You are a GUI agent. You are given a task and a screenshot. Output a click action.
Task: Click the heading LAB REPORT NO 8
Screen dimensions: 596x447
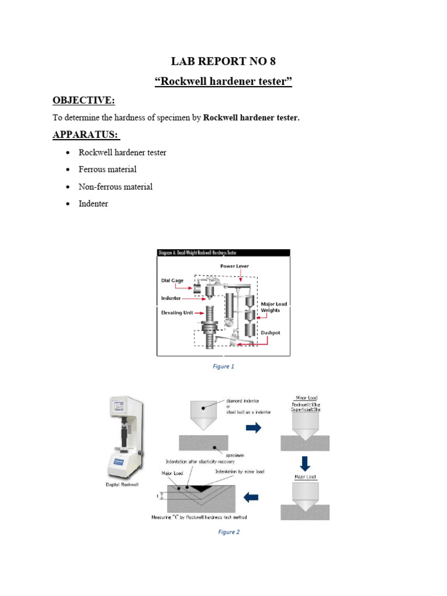tap(223, 61)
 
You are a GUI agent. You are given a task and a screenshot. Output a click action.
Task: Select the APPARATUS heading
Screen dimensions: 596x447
tap(86, 135)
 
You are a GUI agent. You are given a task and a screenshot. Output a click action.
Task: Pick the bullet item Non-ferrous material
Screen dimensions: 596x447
tap(115, 187)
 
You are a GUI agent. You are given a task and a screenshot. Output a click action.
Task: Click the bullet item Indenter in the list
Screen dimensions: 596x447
tap(93, 204)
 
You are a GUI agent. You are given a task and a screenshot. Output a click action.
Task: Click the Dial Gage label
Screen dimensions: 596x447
tap(173, 280)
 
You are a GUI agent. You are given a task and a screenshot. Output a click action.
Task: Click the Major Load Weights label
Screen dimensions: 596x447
tap(274, 307)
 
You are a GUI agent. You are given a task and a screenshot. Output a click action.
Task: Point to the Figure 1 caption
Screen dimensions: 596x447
tap(223, 367)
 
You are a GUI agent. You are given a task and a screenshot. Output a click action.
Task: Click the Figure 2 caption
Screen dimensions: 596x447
tap(228, 532)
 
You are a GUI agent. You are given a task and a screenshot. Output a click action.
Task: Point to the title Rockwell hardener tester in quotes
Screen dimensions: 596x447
tap(223, 81)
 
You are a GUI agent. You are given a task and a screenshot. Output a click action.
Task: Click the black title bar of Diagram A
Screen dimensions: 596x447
tap(223, 253)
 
